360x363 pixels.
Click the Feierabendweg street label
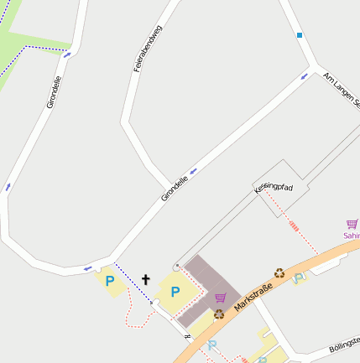click(x=148, y=49)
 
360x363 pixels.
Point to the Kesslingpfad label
click(x=274, y=188)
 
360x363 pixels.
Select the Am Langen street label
click(x=341, y=91)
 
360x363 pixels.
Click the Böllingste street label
click(x=344, y=345)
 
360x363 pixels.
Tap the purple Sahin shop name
click(x=351, y=236)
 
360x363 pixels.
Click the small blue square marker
click(x=299, y=35)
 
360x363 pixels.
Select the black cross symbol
click(x=145, y=279)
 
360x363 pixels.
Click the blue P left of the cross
click(x=109, y=281)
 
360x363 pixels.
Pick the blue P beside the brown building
click(x=175, y=292)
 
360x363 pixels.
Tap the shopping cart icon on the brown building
click(x=221, y=298)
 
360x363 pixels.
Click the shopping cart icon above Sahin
click(x=352, y=224)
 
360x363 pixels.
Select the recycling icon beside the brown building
click(x=219, y=314)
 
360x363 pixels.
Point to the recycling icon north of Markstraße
click(x=279, y=272)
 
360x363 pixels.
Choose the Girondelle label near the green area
click(x=55, y=92)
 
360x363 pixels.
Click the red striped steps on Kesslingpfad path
click(x=294, y=226)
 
